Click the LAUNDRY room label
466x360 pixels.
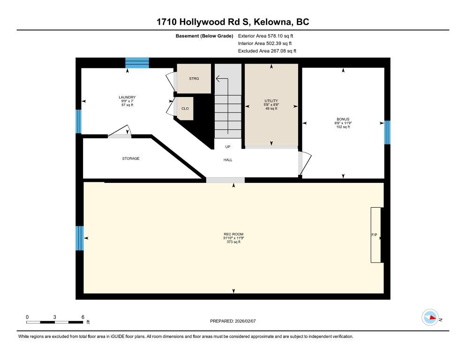pyautogui.click(x=127, y=97)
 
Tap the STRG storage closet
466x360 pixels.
pyautogui.click(x=194, y=78)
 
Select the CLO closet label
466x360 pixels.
pyautogui.click(x=185, y=108)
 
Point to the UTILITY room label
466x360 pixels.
pyautogui.click(x=271, y=101)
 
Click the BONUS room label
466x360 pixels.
pyautogui.click(x=343, y=119)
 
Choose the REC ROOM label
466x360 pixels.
pyautogui.click(x=233, y=234)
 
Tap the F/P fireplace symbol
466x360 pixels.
pyautogui.click(x=376, y=235)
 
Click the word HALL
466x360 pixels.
pyautogui.click(x=228, y=160)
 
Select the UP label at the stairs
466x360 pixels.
pyautogui.click(x=228, y=147)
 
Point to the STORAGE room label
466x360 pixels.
pyautogui.click(x=131, y=158)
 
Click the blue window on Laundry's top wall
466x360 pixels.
pyautogui.click(x=137, y=63)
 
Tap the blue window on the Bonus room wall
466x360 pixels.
pyautogui.click(x=387, y=132)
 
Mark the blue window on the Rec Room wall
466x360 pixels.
pyautogui.click(x=79, y=238)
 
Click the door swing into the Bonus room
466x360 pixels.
pyautogui.click(x=305, y=163)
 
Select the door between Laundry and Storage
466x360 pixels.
pyautogui.click(x=120, y=131)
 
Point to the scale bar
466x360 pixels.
pyautogui.click(x=55, y=322)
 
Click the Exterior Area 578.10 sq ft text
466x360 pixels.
pyautogui.click(x=265, y=36)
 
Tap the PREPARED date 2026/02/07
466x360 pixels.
pyautogui.click(x=245, y=321)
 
